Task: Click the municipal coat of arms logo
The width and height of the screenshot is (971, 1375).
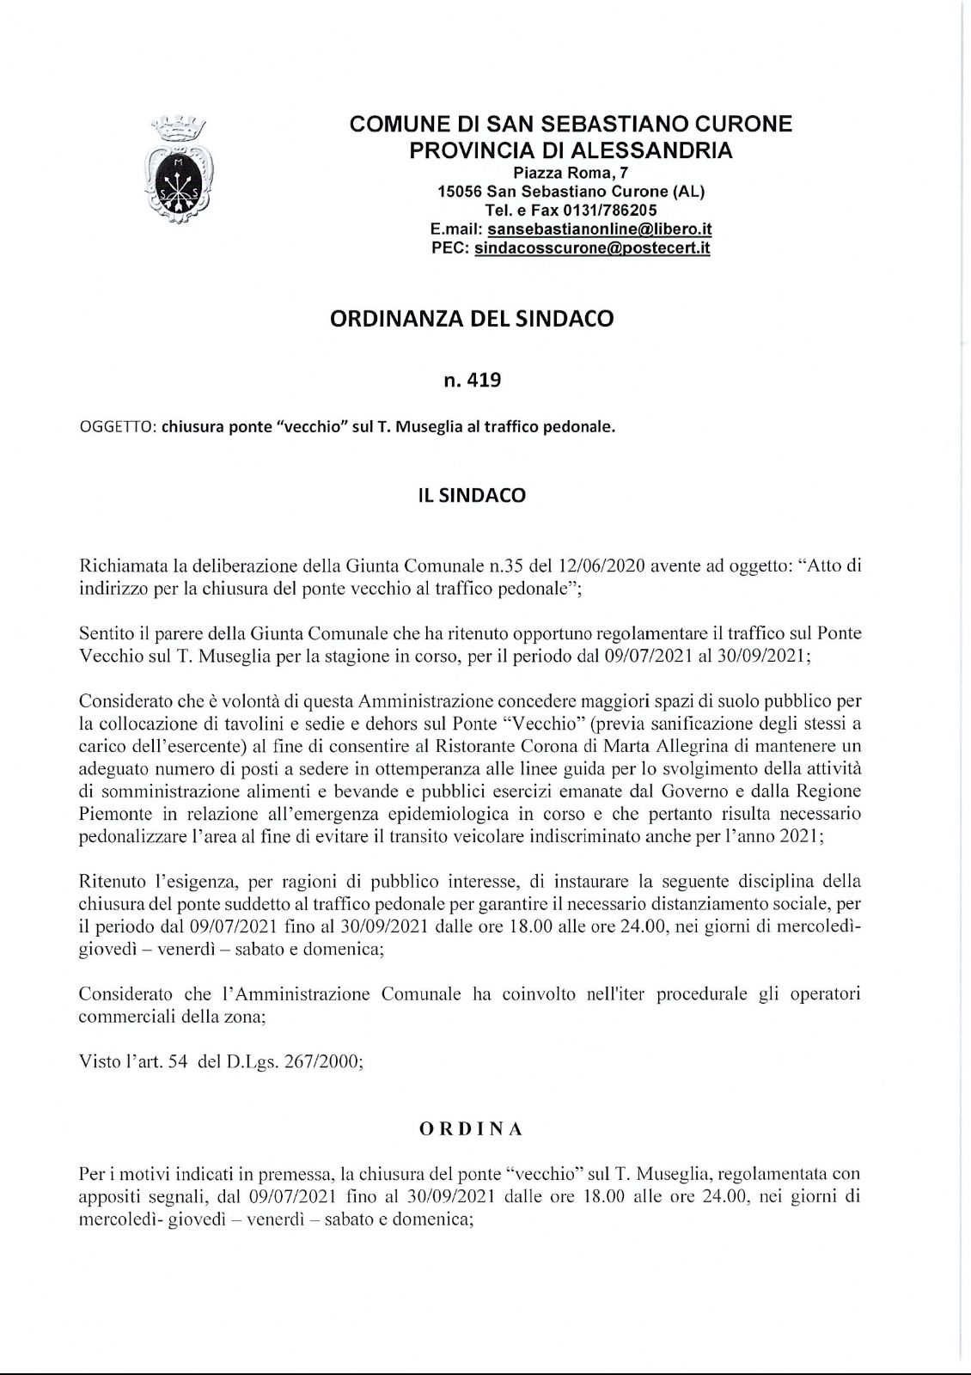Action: [180, 171]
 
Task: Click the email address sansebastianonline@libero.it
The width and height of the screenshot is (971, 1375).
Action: [599, 230]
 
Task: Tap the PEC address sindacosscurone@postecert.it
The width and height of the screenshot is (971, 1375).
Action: [592, 248]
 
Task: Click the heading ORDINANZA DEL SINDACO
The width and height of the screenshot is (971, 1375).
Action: [472, 319]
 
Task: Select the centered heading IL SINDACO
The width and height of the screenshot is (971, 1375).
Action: [472, 496]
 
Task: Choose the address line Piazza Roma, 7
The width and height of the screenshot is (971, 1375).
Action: [571, 173]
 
